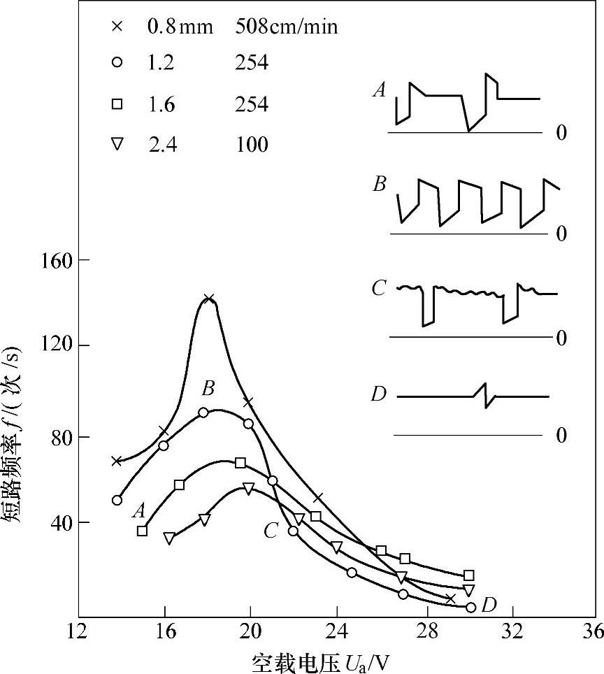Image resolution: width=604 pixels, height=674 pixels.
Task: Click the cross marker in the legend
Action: pos(117,27)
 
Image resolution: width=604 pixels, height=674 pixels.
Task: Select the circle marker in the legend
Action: pos(117,63)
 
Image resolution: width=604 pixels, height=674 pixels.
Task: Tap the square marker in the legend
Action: pos(117,104)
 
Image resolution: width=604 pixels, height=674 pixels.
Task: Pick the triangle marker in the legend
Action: pos(117,144)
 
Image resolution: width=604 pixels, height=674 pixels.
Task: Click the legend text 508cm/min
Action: pos(287,27)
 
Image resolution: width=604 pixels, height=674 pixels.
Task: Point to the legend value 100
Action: pos(252,145)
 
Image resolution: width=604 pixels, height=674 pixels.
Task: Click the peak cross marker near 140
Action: pos(208,299)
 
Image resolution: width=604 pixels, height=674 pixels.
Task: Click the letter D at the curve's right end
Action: pos(489,604)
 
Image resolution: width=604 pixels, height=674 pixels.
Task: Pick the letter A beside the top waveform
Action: pos(380,89)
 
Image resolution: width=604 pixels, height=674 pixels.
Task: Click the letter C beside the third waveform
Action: pos(379,288)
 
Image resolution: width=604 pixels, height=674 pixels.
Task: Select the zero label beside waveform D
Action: pos(561,436)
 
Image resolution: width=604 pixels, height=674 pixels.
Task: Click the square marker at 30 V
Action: pos(468,575)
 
